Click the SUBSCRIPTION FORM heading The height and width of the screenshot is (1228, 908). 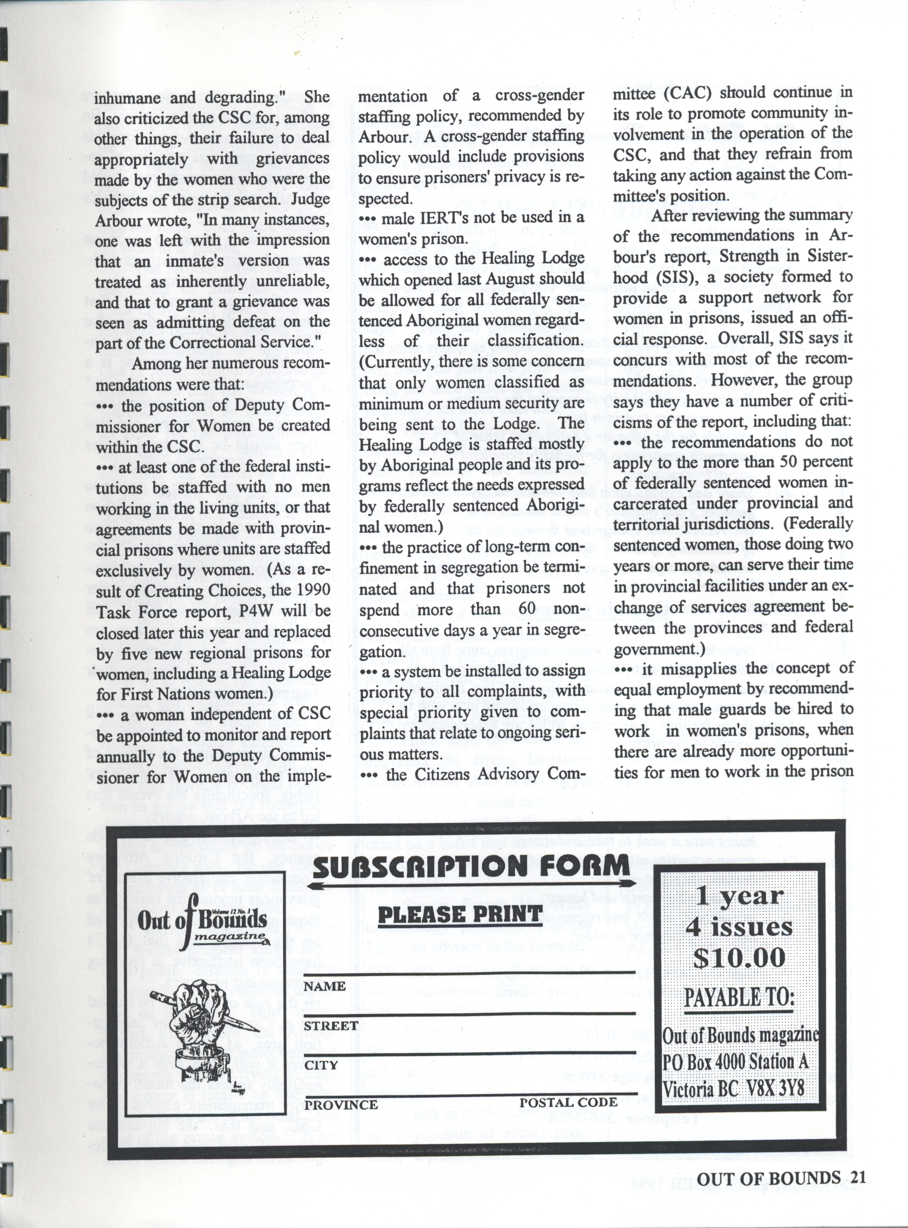click(x=470, y=866)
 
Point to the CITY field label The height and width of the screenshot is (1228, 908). click(x=321, y=1065)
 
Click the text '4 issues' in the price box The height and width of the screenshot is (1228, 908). click(x=739, y=927)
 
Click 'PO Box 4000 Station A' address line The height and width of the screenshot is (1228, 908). click(x=735, y=1062)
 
